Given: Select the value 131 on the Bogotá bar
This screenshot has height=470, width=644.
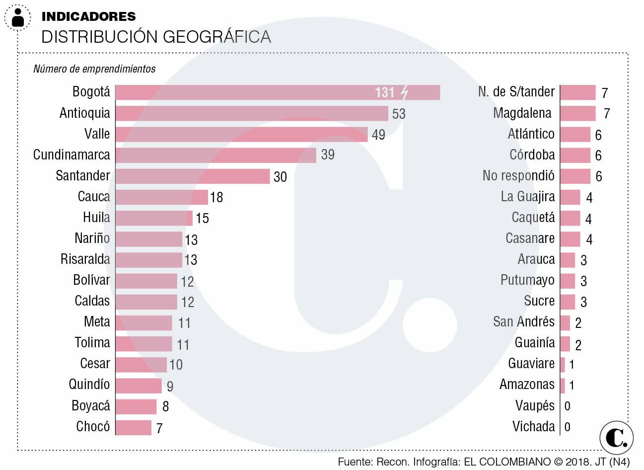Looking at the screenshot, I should [x=385, y=92].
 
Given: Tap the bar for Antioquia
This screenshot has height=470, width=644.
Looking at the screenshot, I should [x=251, y=113].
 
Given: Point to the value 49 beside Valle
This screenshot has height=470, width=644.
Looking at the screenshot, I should [x=378, y=135].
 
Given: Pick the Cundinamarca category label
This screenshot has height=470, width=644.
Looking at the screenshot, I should [x=72, y=155].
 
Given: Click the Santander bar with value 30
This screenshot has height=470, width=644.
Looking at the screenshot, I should [x=192, y=176].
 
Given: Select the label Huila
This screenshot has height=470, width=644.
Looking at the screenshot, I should [x=96, y=218].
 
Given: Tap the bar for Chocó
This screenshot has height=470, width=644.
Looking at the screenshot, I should [x=133, y=427].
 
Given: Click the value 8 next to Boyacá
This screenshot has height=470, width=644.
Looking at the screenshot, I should [x=165, y=407].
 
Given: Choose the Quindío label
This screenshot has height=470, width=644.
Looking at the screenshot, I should [x=89, y=385].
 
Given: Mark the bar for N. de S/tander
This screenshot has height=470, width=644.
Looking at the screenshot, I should [x=577, y=92].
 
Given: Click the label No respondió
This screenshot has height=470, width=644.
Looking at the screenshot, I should [x=518, y=176].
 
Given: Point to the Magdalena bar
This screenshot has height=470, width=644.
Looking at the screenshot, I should [x=577, y=113].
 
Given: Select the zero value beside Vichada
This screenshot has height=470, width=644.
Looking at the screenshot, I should [x=568, y=427].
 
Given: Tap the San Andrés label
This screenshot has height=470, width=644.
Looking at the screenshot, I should [x=523, y=322].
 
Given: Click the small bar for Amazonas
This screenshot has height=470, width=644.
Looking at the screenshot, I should [x=563, y=385].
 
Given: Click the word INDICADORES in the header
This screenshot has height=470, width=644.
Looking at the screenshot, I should [x=88, y=16].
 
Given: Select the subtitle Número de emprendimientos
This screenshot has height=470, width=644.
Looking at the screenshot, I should [x=94, y=69].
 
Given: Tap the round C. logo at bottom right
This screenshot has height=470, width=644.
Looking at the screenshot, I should [x=616, y=437].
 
